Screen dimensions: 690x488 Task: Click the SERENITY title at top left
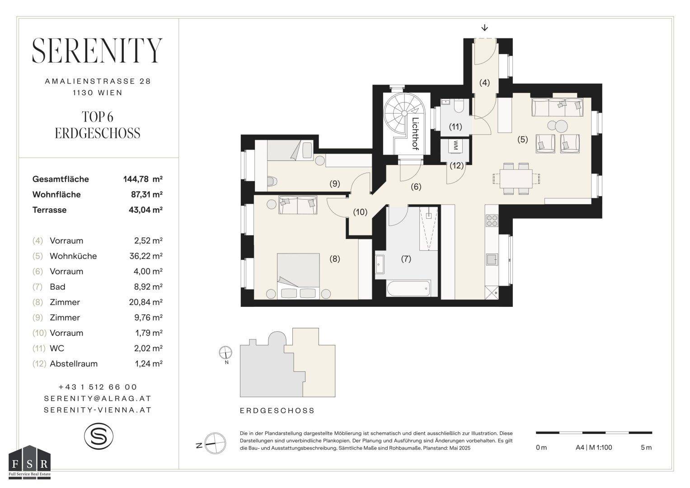pos(97,51)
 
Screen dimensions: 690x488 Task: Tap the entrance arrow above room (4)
pos(484,28)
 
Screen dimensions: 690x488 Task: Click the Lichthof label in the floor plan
pos(416,134)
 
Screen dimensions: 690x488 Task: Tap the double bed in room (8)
pos(298,276)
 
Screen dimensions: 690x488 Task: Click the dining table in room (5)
pos(516,178)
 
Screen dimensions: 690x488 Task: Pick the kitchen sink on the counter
pos(492,259)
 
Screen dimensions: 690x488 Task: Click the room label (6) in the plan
pos(416,187)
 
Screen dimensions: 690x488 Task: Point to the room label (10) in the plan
pos(360,212)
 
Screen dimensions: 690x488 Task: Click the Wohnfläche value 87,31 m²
pos(146,194)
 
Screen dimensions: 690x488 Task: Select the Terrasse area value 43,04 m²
pos(146,210)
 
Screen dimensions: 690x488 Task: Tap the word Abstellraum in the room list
pos(74,364)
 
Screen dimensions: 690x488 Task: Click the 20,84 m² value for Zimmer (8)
pos(146,302)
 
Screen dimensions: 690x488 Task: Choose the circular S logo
pos(99,436)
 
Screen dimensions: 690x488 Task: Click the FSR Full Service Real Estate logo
pos(29,462)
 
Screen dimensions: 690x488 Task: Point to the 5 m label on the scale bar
pos(646,447)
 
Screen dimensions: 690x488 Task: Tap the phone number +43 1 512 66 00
pos(98,387)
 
